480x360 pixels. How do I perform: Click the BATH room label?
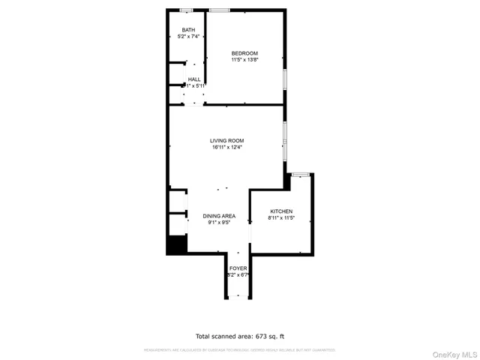pyautogui.click(x=188, y=30)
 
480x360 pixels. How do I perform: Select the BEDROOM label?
pyautogui.click(x=244, y=52)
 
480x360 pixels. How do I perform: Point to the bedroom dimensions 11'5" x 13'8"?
pyautogui.click(x=244, y=59)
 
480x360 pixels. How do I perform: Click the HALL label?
pyautogui.click(x=194, y=79)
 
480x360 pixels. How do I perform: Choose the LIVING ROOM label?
pyautogui.click(x=226, y=140)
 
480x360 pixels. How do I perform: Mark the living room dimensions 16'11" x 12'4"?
pyautogui.click(x=226, y=147)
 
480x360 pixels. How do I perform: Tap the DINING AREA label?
pyautogui.click(x=219, y=215)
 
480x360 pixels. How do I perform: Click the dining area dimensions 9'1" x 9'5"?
pyautogui.click(x=219, y=222)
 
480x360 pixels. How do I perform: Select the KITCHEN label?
pyautogui.click(x=280, y=211)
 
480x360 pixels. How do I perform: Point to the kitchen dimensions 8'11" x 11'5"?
pyautogui.click(x=280, y=218)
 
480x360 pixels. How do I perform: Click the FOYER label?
pyautogui.click(x=238, y=268)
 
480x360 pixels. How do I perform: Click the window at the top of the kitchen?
pyautogui.click(x=300, y=175)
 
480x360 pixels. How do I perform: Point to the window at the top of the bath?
pyautogui.click(x=186, y=10)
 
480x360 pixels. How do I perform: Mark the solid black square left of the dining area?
pyautogui.click(x=176, y=245)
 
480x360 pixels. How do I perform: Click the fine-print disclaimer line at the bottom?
pyautogui.click(x=239, y=349)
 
